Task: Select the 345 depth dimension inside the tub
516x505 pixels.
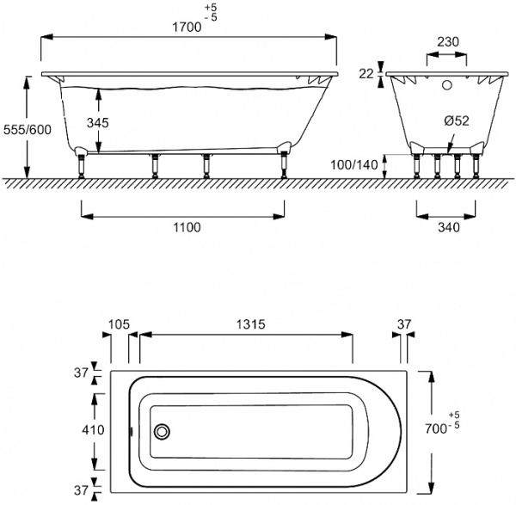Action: click(98, 123)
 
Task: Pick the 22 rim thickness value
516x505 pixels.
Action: click(365, 74)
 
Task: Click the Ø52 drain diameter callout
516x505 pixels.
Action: click(456, 121)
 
